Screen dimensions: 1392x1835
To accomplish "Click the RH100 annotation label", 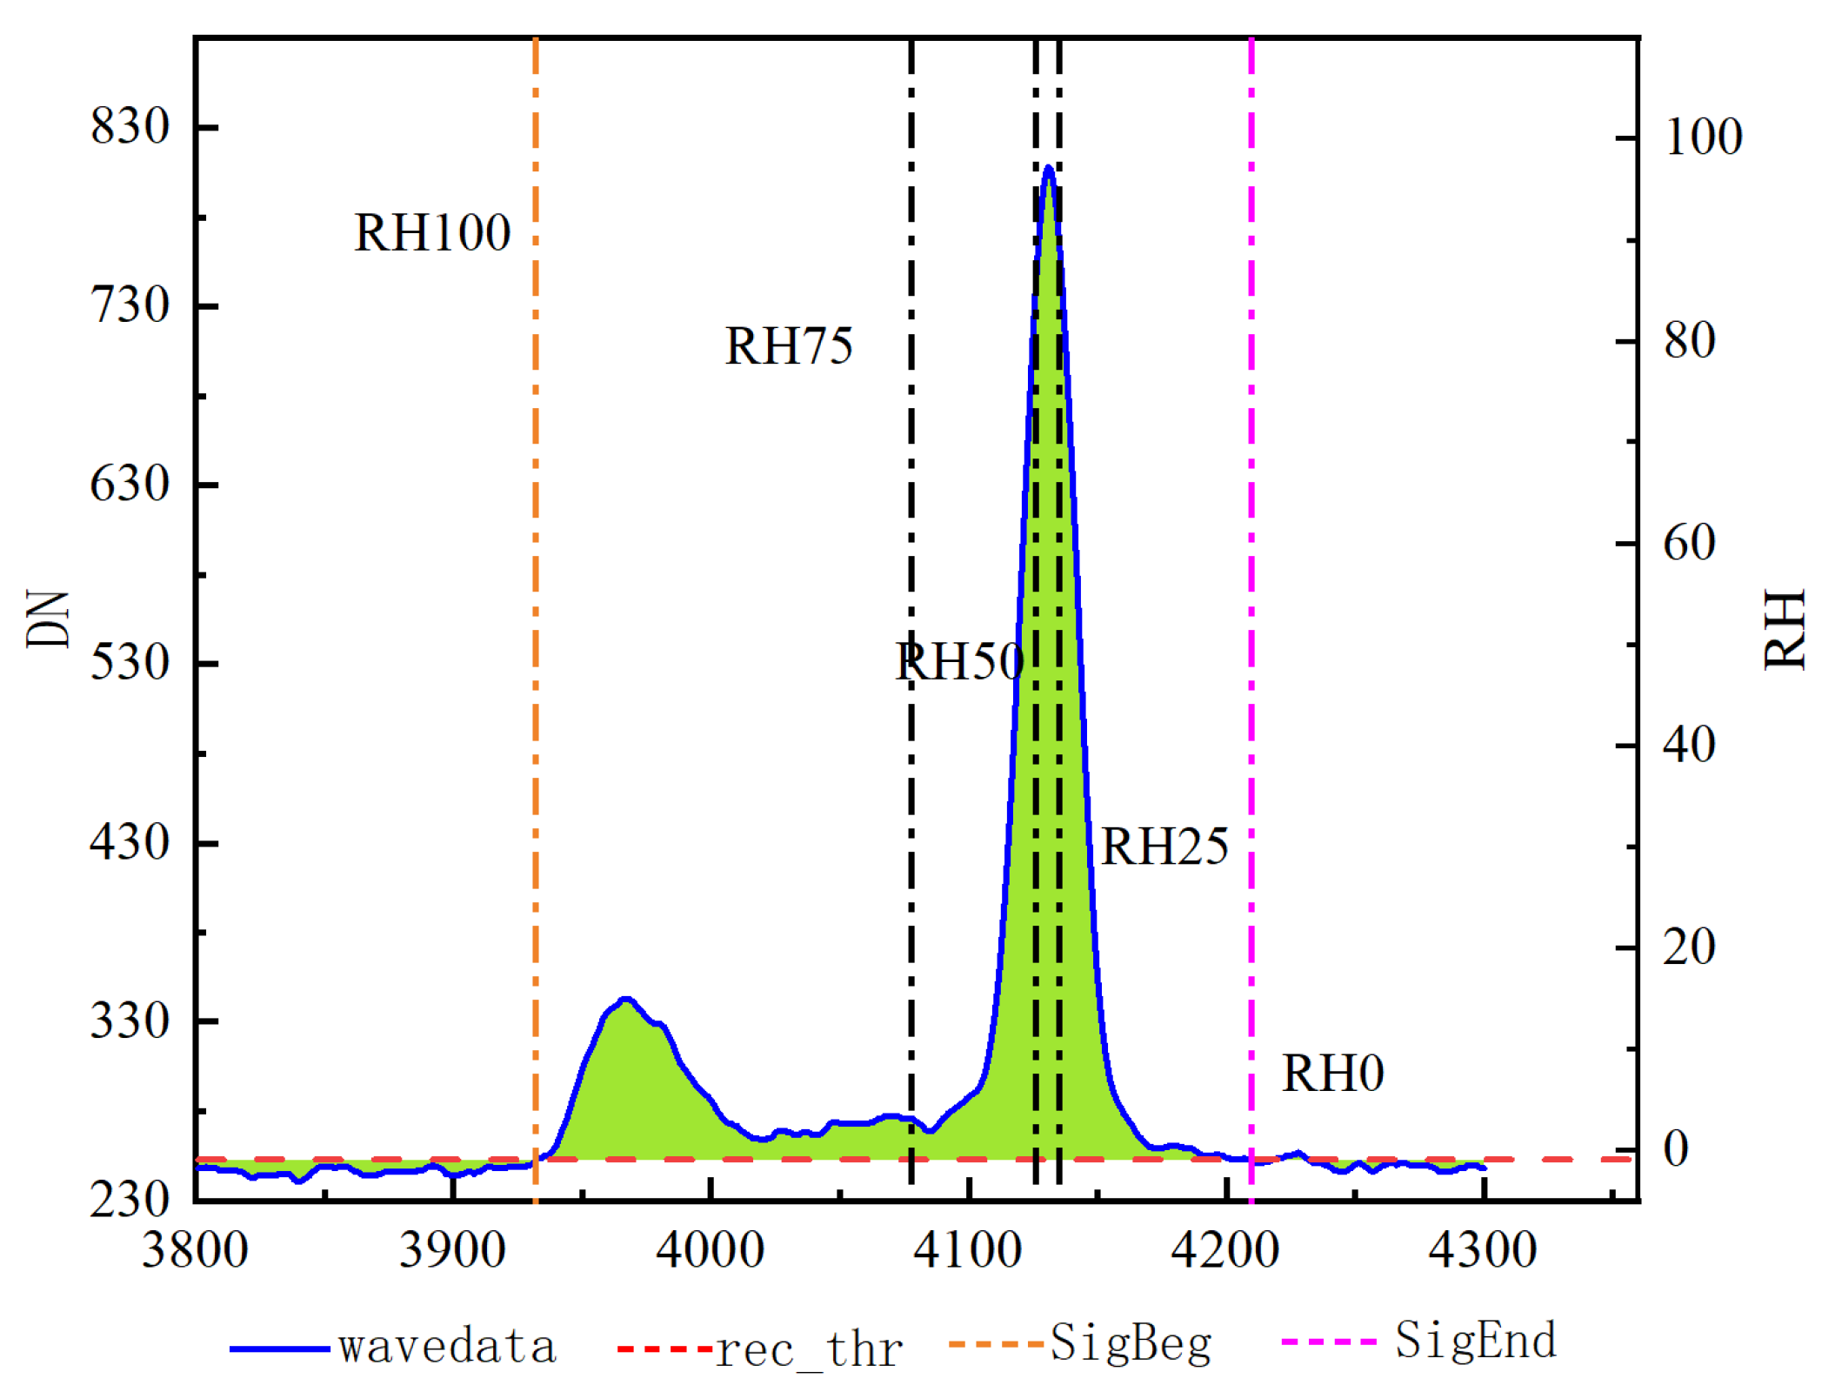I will coord(431,233).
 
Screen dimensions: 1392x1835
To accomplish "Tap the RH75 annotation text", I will coord(788,346).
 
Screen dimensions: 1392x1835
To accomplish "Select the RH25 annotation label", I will coord(1164,847).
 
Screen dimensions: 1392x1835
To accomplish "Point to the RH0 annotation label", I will coord(1331,1073).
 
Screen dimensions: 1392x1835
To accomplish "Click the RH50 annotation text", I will coord(959,662).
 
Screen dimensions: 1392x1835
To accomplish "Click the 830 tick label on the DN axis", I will coord(130,127).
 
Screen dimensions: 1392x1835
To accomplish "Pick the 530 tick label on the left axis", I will coord(130,663).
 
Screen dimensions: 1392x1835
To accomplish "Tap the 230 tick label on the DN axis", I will coord(130,1200).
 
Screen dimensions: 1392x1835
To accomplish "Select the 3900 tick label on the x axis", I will coord(452,1251).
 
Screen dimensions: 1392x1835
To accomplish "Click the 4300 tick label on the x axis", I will coord(1482,1251).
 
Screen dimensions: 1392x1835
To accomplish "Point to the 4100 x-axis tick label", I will coord(967,1251).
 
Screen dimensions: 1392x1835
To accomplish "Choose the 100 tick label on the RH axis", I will coord(1703,137).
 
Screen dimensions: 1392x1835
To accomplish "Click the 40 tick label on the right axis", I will coord(1689,746).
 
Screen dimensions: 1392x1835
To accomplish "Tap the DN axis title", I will coord(48,619).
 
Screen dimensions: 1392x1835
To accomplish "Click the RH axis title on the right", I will coord(1785,630).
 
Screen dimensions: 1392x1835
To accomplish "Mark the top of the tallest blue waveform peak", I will coord(1048,167).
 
